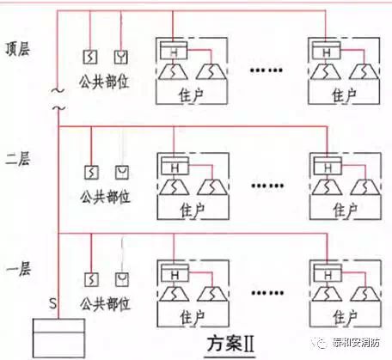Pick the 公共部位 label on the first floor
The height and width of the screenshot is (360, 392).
[x=105, y=302]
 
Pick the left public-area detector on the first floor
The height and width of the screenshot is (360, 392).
[x=90, y=280]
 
